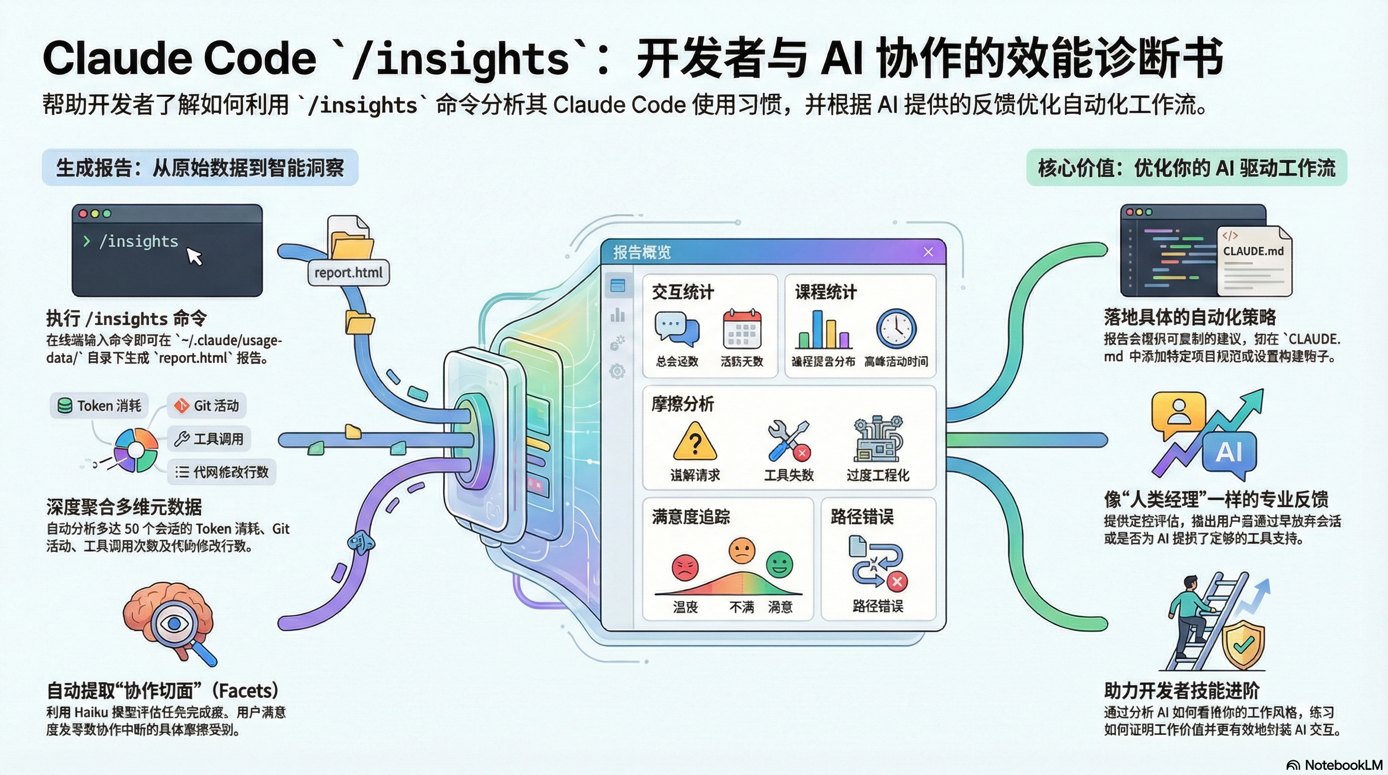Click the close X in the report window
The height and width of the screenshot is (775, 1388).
click(928, 252)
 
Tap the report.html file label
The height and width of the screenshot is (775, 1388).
click(348, 272)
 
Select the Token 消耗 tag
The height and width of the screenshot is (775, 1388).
click(100, 405)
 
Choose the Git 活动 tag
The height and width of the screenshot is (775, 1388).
click(207, 405)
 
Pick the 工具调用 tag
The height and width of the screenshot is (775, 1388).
click(209, 438)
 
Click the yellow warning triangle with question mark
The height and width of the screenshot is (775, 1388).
click(695, 442)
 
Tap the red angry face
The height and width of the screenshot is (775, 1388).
click(685, 568)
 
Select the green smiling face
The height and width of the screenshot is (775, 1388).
click(779, 565)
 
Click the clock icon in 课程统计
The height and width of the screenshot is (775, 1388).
click(896, 328)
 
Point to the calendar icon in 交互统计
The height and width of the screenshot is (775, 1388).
click(741, 329)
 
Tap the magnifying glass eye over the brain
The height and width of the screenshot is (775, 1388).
click(174, 624)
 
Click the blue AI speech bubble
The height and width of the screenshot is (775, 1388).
click(1229, 452)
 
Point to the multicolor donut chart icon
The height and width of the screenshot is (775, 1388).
click(136, 450)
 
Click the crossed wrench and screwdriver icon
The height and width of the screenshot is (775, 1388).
click(788, 441)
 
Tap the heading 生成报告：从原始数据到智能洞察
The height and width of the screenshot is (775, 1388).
click(200, 168)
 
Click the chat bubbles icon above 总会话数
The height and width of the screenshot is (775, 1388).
click(677, 329)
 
